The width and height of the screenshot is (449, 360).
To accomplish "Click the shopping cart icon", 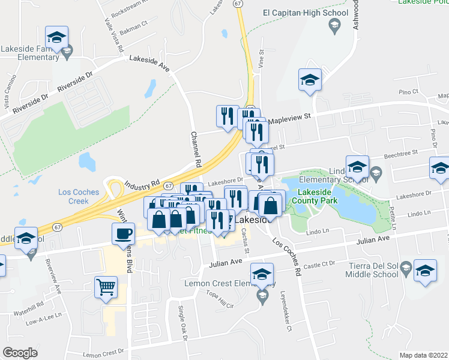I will coord(106,288).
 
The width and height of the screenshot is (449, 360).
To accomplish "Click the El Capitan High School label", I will coord(306,13).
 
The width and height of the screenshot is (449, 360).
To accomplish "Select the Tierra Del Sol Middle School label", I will coord(369,271).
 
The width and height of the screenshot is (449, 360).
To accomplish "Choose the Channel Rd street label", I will coord(195,149).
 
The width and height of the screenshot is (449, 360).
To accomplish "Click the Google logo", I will coord(20,352).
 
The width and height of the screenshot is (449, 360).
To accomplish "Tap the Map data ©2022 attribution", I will coord(423,355).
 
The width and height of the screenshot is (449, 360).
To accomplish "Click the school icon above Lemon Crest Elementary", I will coord(262,274).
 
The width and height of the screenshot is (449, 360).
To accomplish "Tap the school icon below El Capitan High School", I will coord(310,80).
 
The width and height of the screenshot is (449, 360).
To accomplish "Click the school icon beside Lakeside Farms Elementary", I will coord(56,37).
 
